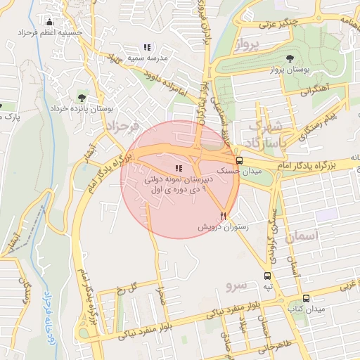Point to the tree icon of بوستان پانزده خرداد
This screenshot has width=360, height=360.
click(82, 98)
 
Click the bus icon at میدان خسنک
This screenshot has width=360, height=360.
click(240, 160)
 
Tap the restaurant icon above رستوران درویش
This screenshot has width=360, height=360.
click(224, 217)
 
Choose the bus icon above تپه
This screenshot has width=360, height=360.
click(266, 276)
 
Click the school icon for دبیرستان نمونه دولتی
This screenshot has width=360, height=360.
click(178, 168)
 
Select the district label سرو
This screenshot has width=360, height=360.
click(234, 286)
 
